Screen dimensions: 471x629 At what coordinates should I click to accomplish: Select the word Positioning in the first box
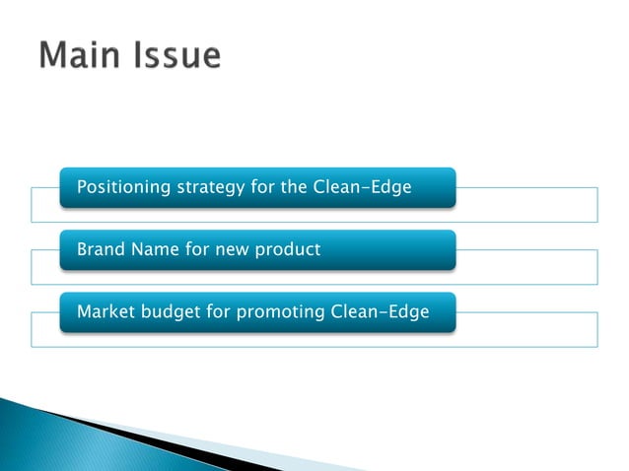pos(122,187)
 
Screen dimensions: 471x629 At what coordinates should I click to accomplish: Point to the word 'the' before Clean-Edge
pos(294,186)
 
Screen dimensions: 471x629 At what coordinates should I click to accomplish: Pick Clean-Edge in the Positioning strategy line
pos(361,186)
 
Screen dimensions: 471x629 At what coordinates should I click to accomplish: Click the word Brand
pos(101,249)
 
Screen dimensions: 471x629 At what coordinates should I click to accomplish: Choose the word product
pos(288,250)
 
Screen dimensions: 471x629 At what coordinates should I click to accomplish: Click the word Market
pos(105,311)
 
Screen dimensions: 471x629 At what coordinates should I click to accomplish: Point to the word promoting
pos(287,312)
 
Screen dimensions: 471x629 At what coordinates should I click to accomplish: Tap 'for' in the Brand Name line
pos(196,249)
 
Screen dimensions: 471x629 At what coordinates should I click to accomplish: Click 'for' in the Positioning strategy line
pos(261,186)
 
